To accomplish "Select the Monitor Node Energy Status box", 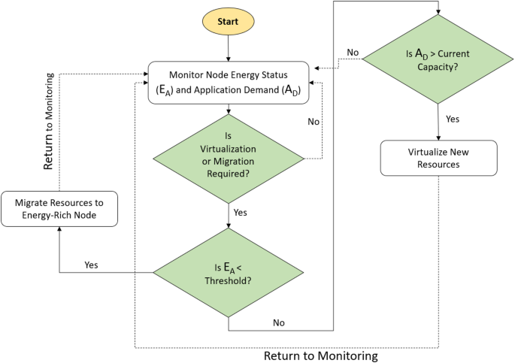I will (229, 83).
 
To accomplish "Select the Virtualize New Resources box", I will (438, 157).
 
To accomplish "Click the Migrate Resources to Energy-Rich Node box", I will (59, 210).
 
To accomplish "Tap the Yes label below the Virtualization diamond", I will (240, 213).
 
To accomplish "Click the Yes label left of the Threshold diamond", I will (91, 265).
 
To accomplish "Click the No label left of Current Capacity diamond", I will (353, 52).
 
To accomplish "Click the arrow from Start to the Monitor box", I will (229, 49).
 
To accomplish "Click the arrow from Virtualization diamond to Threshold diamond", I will (229, 214).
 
